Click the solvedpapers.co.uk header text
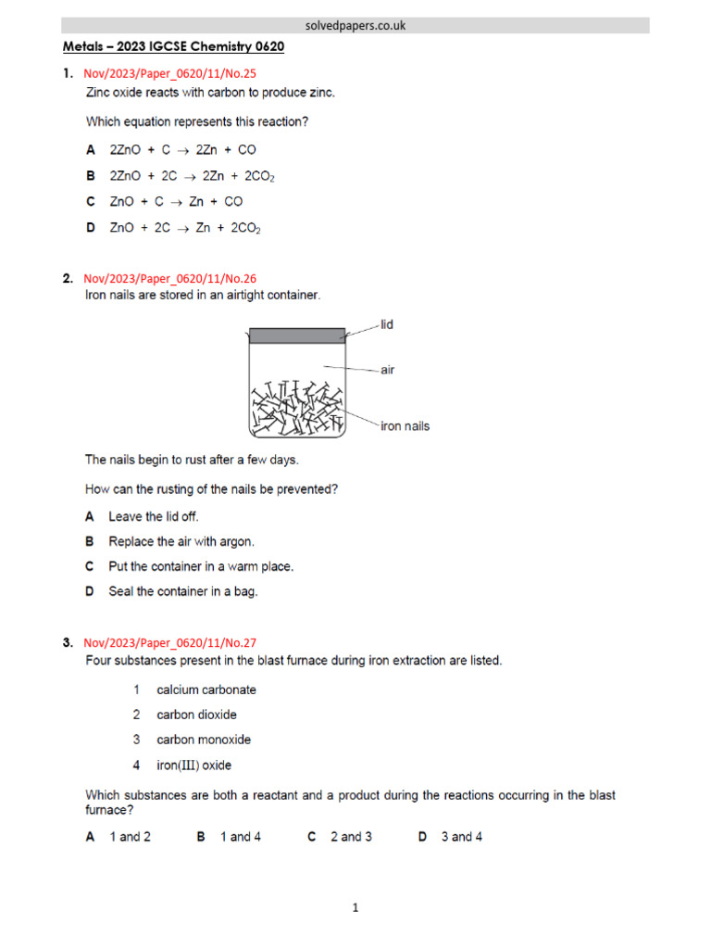pos(355,25)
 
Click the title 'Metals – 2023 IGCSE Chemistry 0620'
pos(172,46)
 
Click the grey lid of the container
pos(295,335)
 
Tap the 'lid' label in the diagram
pos(387,325)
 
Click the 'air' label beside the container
pos(387,369)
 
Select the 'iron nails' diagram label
pos(405,426)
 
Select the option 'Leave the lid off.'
pos(154,516)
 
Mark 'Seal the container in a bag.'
pos(182,591)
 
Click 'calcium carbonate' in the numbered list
pos(206,690)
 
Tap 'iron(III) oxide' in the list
pos(194,766)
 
